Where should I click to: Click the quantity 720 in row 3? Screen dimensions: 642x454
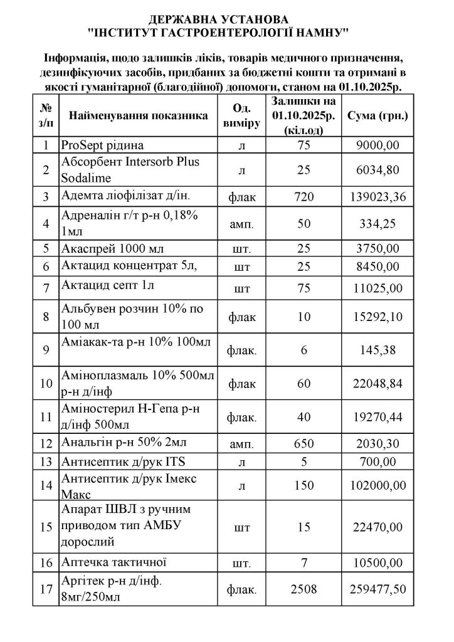pyautogui.click(x=304, y=197)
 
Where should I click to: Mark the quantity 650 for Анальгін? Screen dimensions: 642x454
pyautogui.click(x=304, y=444)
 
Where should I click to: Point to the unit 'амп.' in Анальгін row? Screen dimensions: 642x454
pyautogui.click(x=242, y=445)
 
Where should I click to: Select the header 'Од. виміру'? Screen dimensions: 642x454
pyautogui.click(x=242, y=117)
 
